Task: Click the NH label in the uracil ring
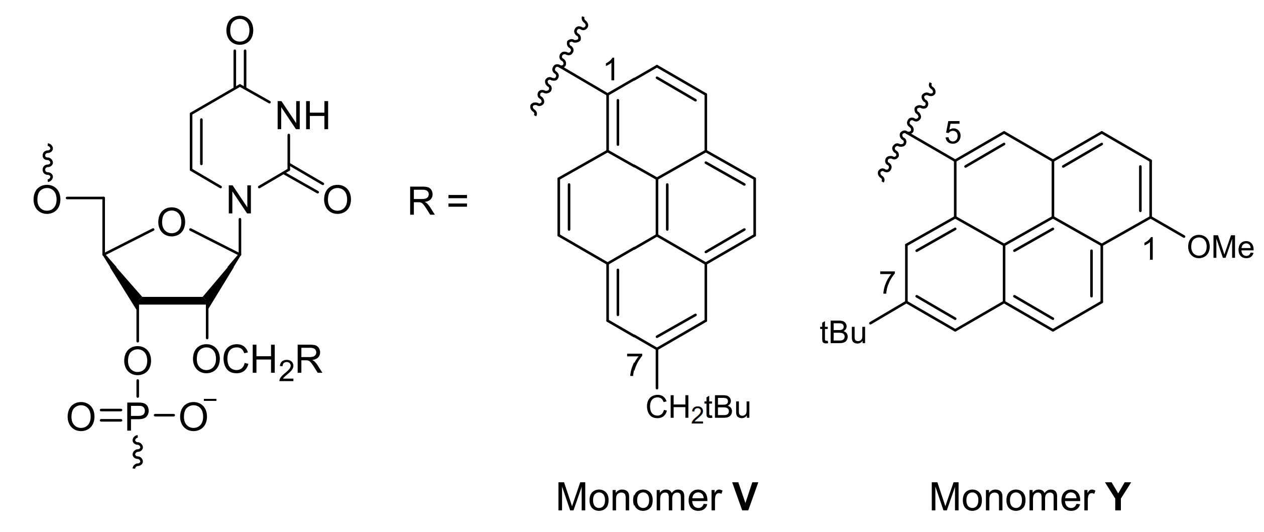point(303,117)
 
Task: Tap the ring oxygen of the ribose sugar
point(171,223)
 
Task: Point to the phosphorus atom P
point(137,418)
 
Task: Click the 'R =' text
point(437,202)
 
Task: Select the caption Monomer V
point(656,497)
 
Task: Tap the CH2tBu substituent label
point(698,408)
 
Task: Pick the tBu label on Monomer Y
point(843,334)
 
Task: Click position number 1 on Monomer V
point(611,71)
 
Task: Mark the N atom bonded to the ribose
point(239,200)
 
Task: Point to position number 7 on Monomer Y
point(887,283)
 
